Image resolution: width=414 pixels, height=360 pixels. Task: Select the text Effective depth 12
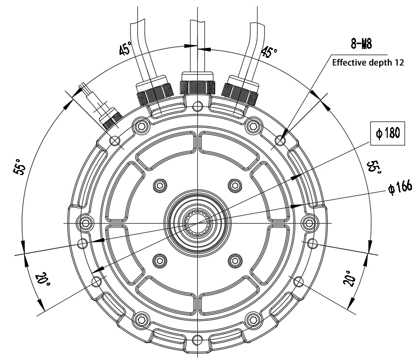pyautogui.click(x=368, y=63)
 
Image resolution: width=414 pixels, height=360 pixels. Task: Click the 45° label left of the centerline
pyautogui.click(x=125, y=49)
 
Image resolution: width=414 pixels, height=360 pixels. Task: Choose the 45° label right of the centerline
pyautogui.click(x=269, y=51)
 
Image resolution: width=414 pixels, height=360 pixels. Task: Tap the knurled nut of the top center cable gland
pyautogui.click(x=197, y=87)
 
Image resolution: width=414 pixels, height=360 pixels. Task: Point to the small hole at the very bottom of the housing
pyautogui.click(x=197, y=340)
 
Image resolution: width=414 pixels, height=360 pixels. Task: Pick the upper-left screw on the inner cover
pyautogui.click(x=159, y=185)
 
